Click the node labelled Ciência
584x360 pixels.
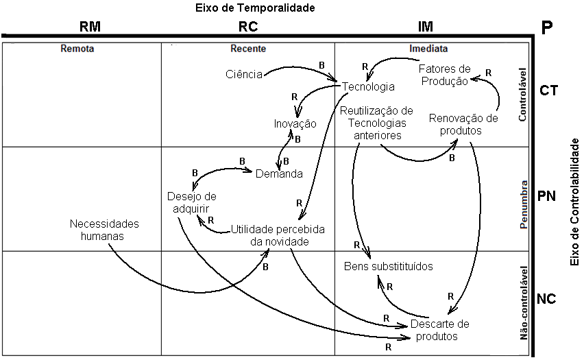click(x=244, y=74)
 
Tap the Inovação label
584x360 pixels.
click(x=295, y=124)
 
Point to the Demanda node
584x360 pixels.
click(x=279, y=173)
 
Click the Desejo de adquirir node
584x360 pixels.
click(x=191, y=202)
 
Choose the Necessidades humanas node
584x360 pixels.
click(x=104, y=230)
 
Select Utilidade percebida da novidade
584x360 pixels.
click(x=278, y=235)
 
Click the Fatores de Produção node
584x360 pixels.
click(x=443, y=75)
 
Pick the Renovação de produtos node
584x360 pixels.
click(x=455, y=123)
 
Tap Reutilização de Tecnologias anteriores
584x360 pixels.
click(x=377, y=123)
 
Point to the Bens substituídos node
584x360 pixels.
click(x=388, y=266)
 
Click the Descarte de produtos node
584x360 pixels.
click(x=439, y=330)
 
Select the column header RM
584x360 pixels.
click(x=90, y=27)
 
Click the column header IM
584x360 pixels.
click(x=425, y=27)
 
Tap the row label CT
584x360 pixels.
click(x=548, y=90)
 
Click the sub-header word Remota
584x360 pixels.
click(x=77, y=49)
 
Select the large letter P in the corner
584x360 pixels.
click(x=547, y=29)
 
